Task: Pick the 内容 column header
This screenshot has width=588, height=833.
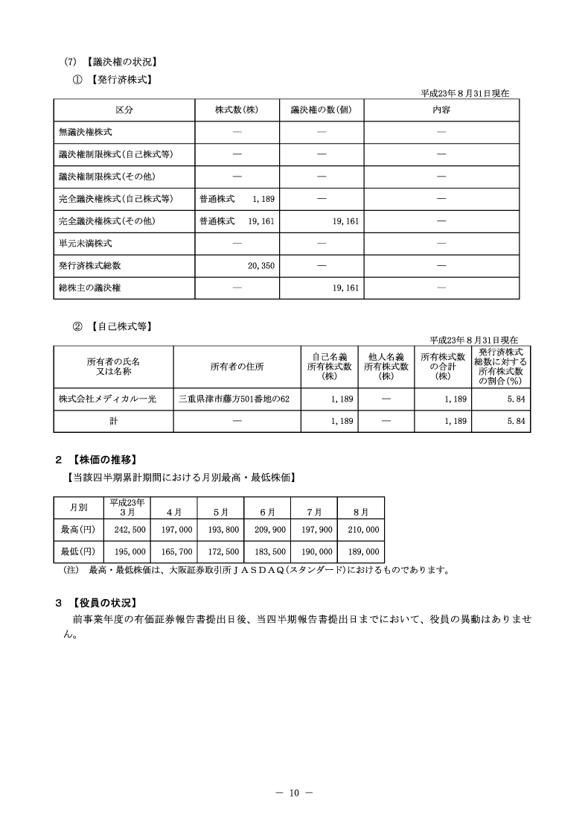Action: [x=441, y=110]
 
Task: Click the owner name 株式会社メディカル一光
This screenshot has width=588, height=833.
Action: [x=107, y=399]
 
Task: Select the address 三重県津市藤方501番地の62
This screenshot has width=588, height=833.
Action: [x=234, y=399]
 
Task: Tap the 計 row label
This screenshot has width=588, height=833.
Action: [x=113, y=421]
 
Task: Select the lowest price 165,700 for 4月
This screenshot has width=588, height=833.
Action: [x=176, y=552]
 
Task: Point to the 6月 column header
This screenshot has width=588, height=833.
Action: [x=268, y=512]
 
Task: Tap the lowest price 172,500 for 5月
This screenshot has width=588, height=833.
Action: [x=223, y=552]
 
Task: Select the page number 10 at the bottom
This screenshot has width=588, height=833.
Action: [x=293, y=793]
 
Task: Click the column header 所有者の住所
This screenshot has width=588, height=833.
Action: [x=236, y=366]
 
